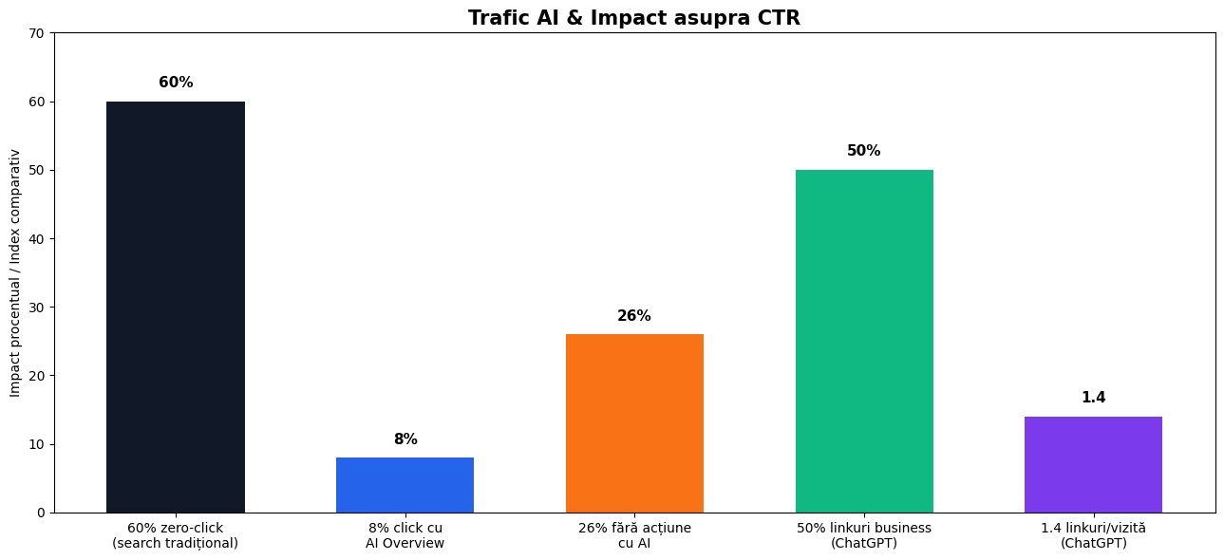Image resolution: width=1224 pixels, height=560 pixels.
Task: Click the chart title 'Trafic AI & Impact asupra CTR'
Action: (634, 18)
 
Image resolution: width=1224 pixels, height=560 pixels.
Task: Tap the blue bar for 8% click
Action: (405, 485)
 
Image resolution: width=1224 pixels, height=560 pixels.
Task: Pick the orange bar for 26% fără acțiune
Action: (634, 423)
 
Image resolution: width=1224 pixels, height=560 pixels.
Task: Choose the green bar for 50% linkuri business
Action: (864, 341)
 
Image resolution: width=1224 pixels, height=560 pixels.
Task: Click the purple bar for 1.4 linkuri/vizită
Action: (1093, 464)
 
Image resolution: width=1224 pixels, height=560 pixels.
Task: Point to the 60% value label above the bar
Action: (176, 83)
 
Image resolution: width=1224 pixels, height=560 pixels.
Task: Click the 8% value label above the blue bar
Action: (405, 439)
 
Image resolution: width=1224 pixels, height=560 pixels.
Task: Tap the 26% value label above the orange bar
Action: (634, 316)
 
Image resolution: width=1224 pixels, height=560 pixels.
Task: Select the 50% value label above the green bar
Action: (864, 151)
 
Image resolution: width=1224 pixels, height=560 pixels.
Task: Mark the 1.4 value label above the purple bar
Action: (1093, 398)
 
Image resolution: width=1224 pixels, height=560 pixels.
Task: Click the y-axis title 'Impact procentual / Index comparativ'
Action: (15, 272)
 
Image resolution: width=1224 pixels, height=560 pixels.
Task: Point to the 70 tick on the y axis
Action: (38, 33)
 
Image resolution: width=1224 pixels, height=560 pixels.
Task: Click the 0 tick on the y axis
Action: (42, 513)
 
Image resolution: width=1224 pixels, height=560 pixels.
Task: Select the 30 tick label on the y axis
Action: (38, 308)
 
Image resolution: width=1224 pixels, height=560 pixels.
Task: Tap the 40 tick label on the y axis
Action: (38, 239)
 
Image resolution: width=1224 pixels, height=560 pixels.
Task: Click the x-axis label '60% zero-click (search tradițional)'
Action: (176, 535)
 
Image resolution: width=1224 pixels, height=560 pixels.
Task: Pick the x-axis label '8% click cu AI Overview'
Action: (405, 535)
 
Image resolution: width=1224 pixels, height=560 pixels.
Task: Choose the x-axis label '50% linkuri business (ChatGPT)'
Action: (864, 535)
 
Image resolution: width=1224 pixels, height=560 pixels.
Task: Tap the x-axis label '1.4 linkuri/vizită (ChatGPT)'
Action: (1093, 535)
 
